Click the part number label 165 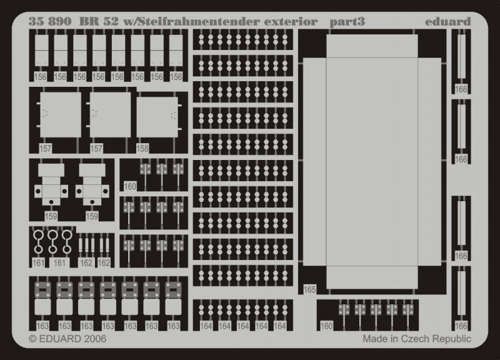(x=310, y=290)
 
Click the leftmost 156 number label (x=41, y=77)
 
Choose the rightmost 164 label (x=279, y=326)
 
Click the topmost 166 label (x=461, y=89)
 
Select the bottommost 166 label (x=461, y=326)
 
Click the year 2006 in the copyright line (x=92, y=339)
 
